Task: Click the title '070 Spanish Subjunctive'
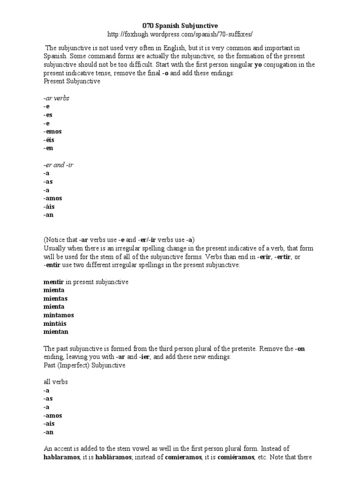[180, 25]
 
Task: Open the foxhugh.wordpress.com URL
[180, 34]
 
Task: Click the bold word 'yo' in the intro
[258, 65]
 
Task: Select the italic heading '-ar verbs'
[56, 98]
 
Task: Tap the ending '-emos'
[52, 131]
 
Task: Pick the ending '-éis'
[50, 140]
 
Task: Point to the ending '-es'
[48, 115]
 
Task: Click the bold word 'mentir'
[53, 282]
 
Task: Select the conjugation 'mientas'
[55, 298]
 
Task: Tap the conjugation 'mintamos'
[59, 315]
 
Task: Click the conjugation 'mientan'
[56, 332]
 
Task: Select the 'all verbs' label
[55, 382]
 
